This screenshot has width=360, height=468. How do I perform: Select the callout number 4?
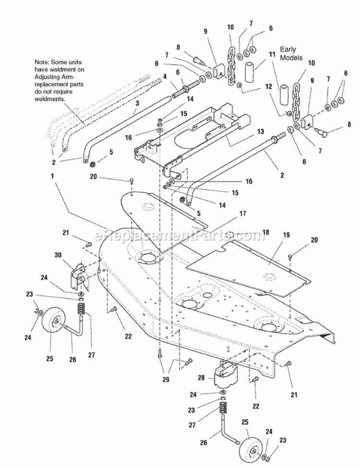165,75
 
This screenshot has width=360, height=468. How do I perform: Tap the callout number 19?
287,236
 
